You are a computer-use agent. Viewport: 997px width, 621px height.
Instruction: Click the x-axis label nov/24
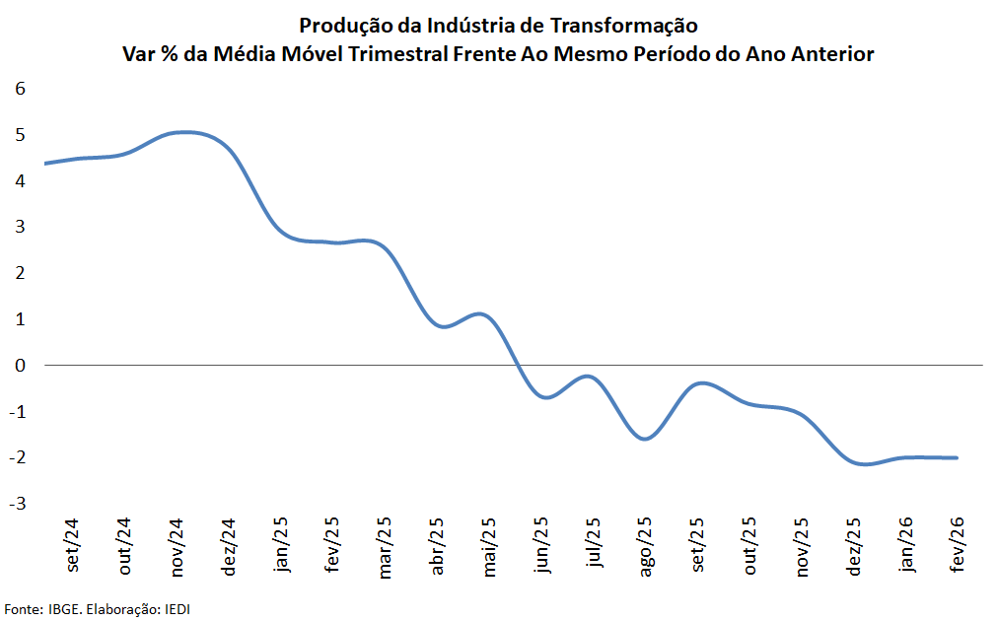click(x=178, y=546)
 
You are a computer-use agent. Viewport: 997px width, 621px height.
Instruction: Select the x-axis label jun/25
click(x=540, y=544)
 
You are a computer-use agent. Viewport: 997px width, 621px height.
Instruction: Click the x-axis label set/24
click(x=74, y=543)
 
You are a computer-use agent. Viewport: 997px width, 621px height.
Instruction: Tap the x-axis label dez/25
click(x=853, y=546)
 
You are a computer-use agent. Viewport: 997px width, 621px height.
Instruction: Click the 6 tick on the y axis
click(x=20, y=88)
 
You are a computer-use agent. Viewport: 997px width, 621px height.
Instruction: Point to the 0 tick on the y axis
click(x=20, y=365)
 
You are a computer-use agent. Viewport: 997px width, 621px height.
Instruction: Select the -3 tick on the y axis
click(x=17, y=504)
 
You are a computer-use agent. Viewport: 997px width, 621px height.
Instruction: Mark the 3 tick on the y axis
click(x=20, y=227)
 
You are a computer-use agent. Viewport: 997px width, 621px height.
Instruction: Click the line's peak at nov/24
click(x=183, y=132)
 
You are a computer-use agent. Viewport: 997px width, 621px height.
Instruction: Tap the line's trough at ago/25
click(x=645, y=439)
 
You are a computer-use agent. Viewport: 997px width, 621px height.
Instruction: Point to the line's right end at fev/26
click(x=957, y=457)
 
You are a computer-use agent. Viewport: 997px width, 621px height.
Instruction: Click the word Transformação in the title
click(x=630, y=25)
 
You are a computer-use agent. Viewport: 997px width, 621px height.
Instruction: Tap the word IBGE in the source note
click(x=65, y=609)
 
